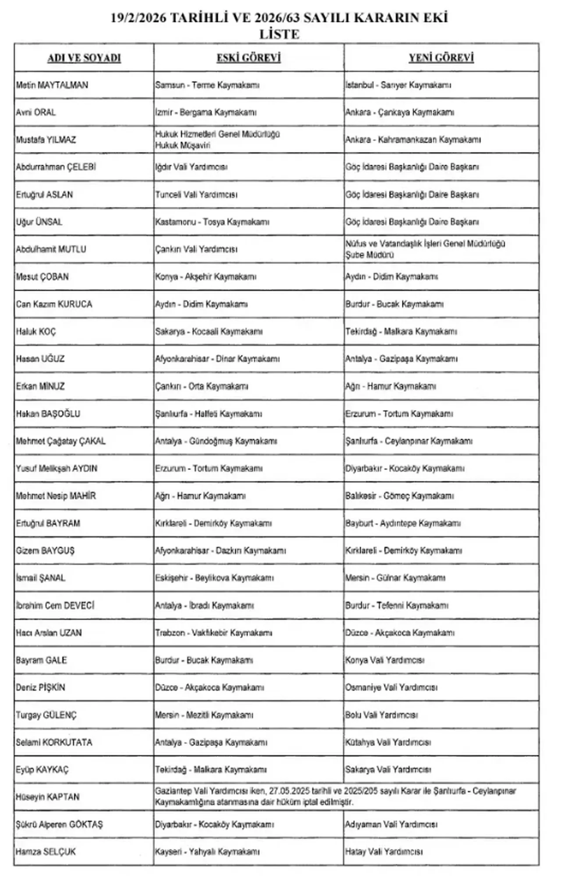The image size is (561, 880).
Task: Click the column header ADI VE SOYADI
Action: (x=84, y=58)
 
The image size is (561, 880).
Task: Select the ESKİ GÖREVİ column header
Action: (x=249, y=58)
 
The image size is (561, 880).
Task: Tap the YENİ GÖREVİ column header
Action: (x=441, y=58)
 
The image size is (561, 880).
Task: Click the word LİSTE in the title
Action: (x=279, y=34)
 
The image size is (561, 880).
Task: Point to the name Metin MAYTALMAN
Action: (x=52, y=85)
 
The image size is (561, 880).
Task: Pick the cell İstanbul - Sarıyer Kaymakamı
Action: (x=398, y=85)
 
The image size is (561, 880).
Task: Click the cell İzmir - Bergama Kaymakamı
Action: (x=206, y=113)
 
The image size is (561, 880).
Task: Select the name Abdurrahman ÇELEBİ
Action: (x=56, y=167)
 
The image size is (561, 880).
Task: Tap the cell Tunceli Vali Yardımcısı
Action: (x=196, y=194)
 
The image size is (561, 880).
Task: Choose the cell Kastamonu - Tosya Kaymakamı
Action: (x=212, y=222)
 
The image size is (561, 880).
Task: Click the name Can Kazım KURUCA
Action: (x=54, y=304)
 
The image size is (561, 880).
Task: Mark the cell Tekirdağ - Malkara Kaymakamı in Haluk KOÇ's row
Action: (x=401, y=332)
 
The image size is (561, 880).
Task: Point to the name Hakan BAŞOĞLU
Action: (x=48, y=413)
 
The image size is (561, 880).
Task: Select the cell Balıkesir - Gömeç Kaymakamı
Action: (x=399, y=496)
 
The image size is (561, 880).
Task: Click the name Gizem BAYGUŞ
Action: (x=45, y=551)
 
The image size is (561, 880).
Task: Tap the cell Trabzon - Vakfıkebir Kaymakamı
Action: (x=213, y=633)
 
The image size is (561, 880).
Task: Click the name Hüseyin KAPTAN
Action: (x=47, y=797)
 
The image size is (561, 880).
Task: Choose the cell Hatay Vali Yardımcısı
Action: (x=384, y=852)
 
